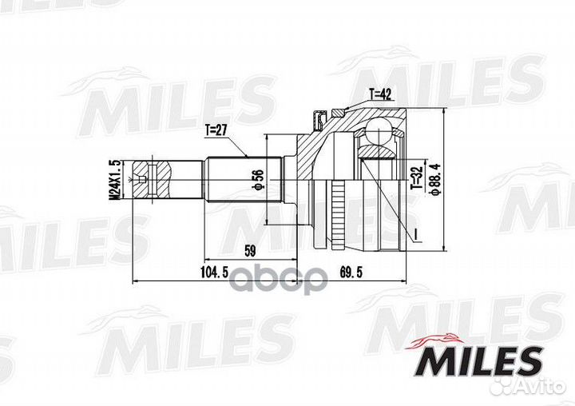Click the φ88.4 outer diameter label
point(434,177)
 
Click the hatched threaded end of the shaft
point(160,177)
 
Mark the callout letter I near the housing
point(415,233)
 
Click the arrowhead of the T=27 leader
point(249,155)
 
